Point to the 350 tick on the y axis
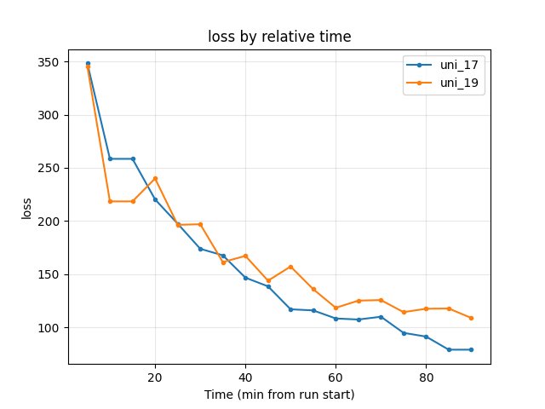tap(50, 62)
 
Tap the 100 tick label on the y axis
tap(50, 328)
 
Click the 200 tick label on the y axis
tap(50, 222)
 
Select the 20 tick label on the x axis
tap(155, 377)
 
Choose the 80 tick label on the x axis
tap(426, 377)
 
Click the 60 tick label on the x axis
tap(336, 377)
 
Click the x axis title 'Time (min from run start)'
tap(279, 395)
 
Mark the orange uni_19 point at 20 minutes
tap(155, 178)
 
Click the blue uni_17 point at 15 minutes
tap(133, 158)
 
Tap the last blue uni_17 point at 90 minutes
tap(471, 349)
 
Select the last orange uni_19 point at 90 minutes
tap(471, 318)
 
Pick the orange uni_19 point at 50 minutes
tap(290, 267)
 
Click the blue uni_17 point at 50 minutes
tap(290, 309)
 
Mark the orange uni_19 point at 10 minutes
tap(110, 201)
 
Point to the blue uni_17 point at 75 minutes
tap(404, 333)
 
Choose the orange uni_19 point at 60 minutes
tap(336, 308)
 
